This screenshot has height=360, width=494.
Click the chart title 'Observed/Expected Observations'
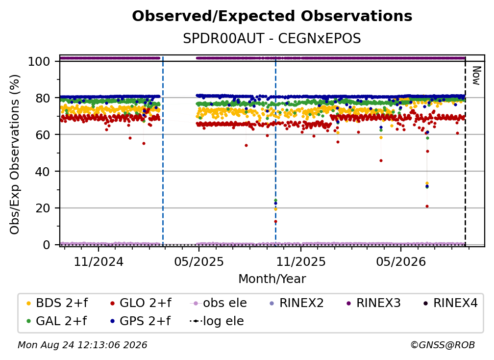coord(272,16)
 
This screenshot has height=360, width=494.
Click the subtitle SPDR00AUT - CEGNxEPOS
coord(272,39)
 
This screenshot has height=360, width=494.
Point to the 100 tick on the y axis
coord(39,61)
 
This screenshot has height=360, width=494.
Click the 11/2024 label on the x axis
coord(99,261)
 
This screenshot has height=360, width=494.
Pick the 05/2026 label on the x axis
coord(401,261)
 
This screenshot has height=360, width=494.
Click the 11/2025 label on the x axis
coord(301,261)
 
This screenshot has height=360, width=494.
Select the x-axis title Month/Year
coord(272,279)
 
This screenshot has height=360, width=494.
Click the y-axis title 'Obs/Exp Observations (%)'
coord(15,154)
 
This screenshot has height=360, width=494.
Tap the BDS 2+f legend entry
coord(57,303)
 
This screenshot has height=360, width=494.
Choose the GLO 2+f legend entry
coord(141,303)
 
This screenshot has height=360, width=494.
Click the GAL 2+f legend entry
coord(57,321)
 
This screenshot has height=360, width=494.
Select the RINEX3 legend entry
coord(373,303)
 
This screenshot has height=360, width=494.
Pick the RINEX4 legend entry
coord(450,303)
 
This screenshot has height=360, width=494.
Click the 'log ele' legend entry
coord(217,321)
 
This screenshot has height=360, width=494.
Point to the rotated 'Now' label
coord(476,76)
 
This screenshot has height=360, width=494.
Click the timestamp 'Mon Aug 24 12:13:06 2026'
coord(82,345)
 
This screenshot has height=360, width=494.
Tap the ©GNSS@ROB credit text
coord(443,345)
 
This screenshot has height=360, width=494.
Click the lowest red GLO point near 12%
coord(275,222)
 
